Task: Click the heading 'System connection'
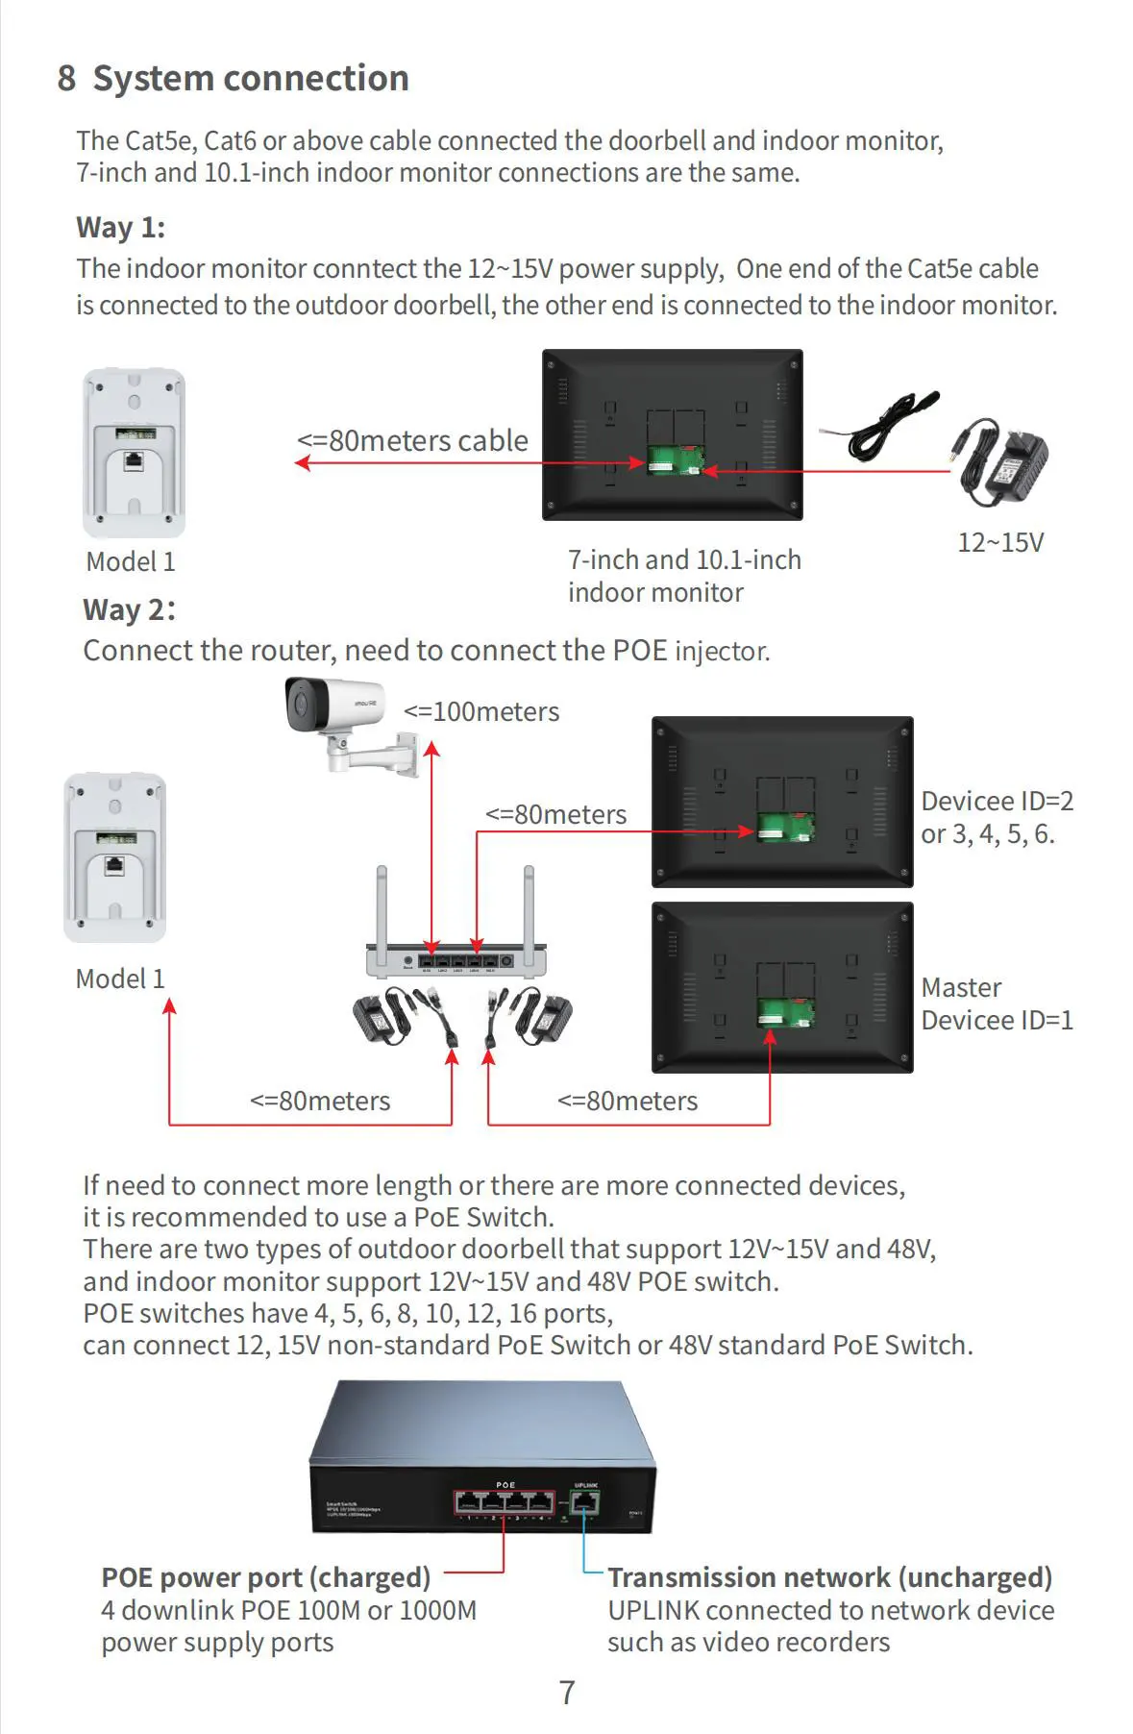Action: pyautogui.click(x=250, y=79)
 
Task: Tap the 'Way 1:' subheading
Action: pyautogui.click(x=121, y=228)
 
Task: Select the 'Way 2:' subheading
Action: pyautogui.click(x=129, y=610)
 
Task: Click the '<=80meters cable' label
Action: pyautogui.click(x=412, y=441)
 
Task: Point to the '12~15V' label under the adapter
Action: pyautogui.click(x=1000, y=543)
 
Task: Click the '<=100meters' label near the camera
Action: pyautogui.click(x=481, y=712)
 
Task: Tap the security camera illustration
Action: pyautogui.click(x=346, y=722)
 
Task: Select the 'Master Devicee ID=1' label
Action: pyautogui.click(x=997, y=1004)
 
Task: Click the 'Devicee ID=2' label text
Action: pyautogui.click(x=997, y=802)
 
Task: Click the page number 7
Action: pyautogui.click(x=567, y=1693)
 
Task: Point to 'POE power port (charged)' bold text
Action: pyautogui.click(x=266, y=1578)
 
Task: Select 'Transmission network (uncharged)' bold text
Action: pyautogui.click(x=829, y=1578)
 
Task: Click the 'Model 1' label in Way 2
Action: pyautogui.click(x=120, y=979)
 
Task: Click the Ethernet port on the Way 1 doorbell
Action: pyautogui.click(x=134, y=460)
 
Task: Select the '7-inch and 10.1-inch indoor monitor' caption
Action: pyautogui.click(x=684, y=576)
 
